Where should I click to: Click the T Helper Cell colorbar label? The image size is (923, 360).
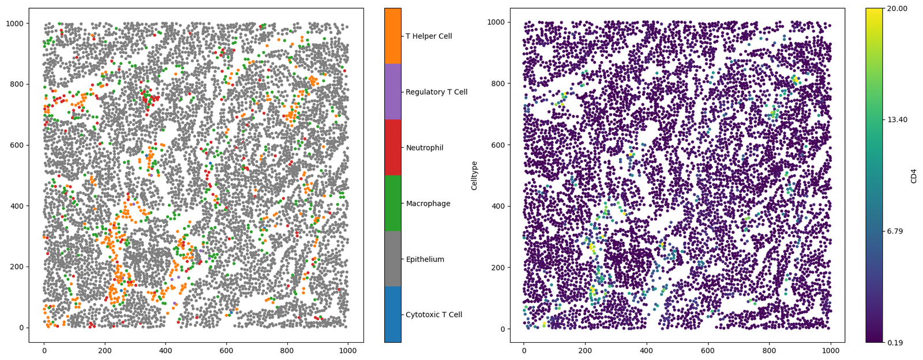tap(429, 36)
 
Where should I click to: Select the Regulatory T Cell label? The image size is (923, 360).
tap(436, 92)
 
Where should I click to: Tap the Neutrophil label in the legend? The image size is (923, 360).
tap(424, 148)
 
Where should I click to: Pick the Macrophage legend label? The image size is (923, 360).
tap(427, 204)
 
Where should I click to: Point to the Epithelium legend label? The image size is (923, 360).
tap(425, 260)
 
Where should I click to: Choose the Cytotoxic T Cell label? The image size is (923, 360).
tap(434, 315)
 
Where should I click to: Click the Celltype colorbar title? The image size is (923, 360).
tap(474, 175)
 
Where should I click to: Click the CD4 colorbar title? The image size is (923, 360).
tap(914, 175)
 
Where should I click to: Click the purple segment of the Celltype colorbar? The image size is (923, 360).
tap(393, 92)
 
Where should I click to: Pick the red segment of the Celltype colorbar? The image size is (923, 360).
tap(393, 148)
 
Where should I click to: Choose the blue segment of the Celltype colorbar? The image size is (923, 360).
tap(393, 314)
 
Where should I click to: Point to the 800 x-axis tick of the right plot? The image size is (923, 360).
tap(770, 351)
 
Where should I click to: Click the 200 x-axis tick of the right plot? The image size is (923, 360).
tap(585, 351)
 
